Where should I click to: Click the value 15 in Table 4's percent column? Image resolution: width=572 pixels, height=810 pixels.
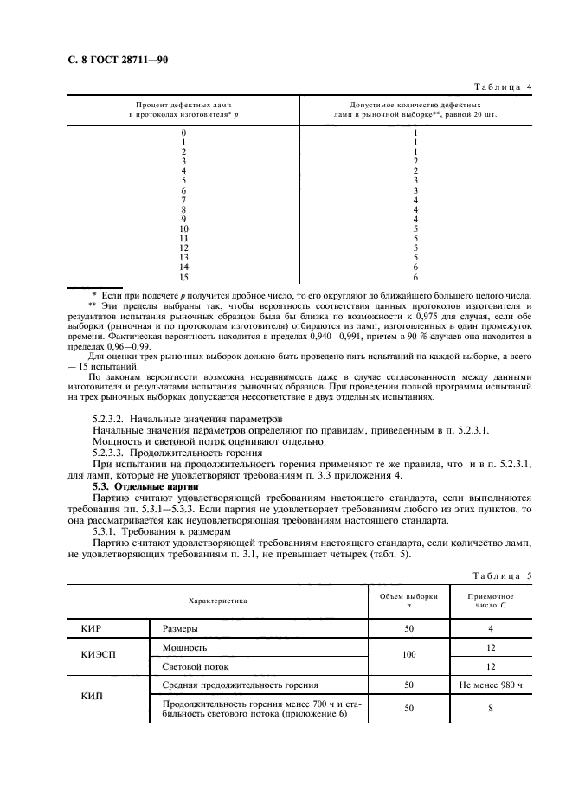point(183,278)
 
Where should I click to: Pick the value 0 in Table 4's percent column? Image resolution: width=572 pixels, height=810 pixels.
point(183,132)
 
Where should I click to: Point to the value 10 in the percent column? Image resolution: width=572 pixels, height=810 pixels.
point(183,229)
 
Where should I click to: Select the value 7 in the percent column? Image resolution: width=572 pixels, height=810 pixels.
point(183,200)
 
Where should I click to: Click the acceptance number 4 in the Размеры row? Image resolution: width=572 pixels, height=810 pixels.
point(490,630)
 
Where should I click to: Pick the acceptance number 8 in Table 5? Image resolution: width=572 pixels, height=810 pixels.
point(490,709)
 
